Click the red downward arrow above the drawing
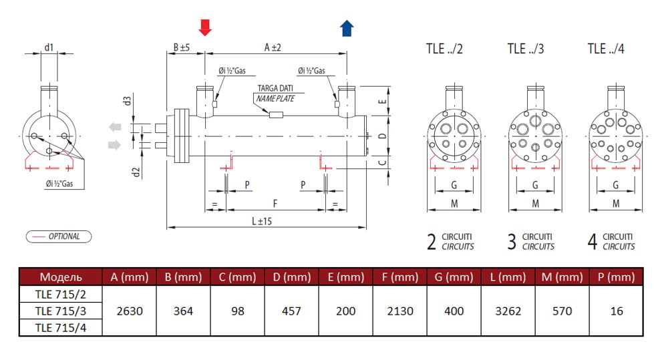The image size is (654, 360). [x=205, y=27]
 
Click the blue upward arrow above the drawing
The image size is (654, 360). [x=347, y=27]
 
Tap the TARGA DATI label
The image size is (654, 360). [x=277, y=89]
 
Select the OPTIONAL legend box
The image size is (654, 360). [x=58, y=236]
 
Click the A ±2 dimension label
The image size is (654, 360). [x=273, y=47]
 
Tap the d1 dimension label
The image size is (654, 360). [x=49, y=47]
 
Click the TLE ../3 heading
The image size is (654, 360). [x=526, y=49]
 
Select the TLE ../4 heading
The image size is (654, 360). [x=606, y=49]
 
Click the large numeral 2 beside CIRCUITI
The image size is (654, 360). [x=432, y=242]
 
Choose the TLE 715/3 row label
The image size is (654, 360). [x=60, y=311]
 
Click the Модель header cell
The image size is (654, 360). [x=60, y=277]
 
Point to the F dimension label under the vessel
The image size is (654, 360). [x=275, y=202]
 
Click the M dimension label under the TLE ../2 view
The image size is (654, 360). [x=454, y=202]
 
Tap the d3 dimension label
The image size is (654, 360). [x=127, y=102]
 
